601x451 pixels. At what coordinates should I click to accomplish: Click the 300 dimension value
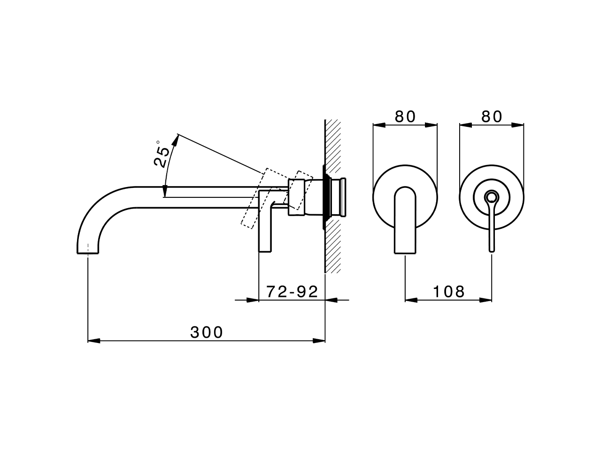(207, 332)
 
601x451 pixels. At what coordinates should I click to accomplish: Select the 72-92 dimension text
(292, 292)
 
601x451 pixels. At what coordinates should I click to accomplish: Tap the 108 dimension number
(448, 292)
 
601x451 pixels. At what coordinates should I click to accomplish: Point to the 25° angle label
(162, 154)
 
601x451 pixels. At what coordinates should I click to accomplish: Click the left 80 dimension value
(405, 116)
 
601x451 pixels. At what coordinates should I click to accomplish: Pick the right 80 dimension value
(492, 116)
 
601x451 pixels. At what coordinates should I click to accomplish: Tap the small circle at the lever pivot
(492, 196)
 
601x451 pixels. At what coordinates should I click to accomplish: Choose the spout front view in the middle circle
(405, 221)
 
